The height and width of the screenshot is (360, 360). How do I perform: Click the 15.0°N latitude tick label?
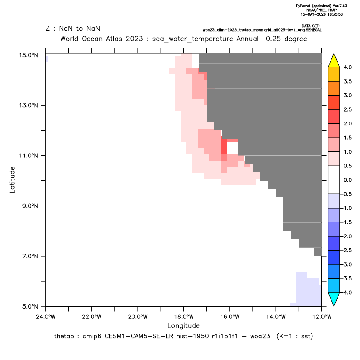click(x=29, y=55)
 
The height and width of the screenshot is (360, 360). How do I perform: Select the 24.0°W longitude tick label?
click(x=46, y=317)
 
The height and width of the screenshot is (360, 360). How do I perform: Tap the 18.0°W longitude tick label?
click(x=183, y=317)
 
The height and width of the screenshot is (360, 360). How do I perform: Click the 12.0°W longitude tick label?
click(x=322, y=317)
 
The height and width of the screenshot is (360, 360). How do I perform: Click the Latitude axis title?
click(x=12, y=180)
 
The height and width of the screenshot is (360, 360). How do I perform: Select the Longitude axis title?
click(x=183, y=325)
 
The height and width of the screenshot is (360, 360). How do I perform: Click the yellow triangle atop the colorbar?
click(x=334, y=61)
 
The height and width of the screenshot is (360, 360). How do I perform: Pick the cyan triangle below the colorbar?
click(x=334, y=299)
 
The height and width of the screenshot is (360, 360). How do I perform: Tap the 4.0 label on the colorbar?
click(x=347, y=67)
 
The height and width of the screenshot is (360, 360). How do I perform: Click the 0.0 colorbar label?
click(x=347, y=180)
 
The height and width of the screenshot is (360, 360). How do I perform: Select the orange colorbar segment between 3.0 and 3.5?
click(x=334, y=88)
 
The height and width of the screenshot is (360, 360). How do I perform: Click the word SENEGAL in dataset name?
click(x=313, y=30)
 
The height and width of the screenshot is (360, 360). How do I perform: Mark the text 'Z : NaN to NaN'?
click(x=73, y=29)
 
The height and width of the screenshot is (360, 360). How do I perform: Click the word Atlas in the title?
click(x=114, y=39)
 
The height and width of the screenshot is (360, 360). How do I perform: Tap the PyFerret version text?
click(x=321, y=6)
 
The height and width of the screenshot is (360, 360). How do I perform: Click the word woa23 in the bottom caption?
click(x=260, y=336)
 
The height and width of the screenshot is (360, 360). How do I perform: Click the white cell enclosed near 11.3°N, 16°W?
click(x=232, y=148)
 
